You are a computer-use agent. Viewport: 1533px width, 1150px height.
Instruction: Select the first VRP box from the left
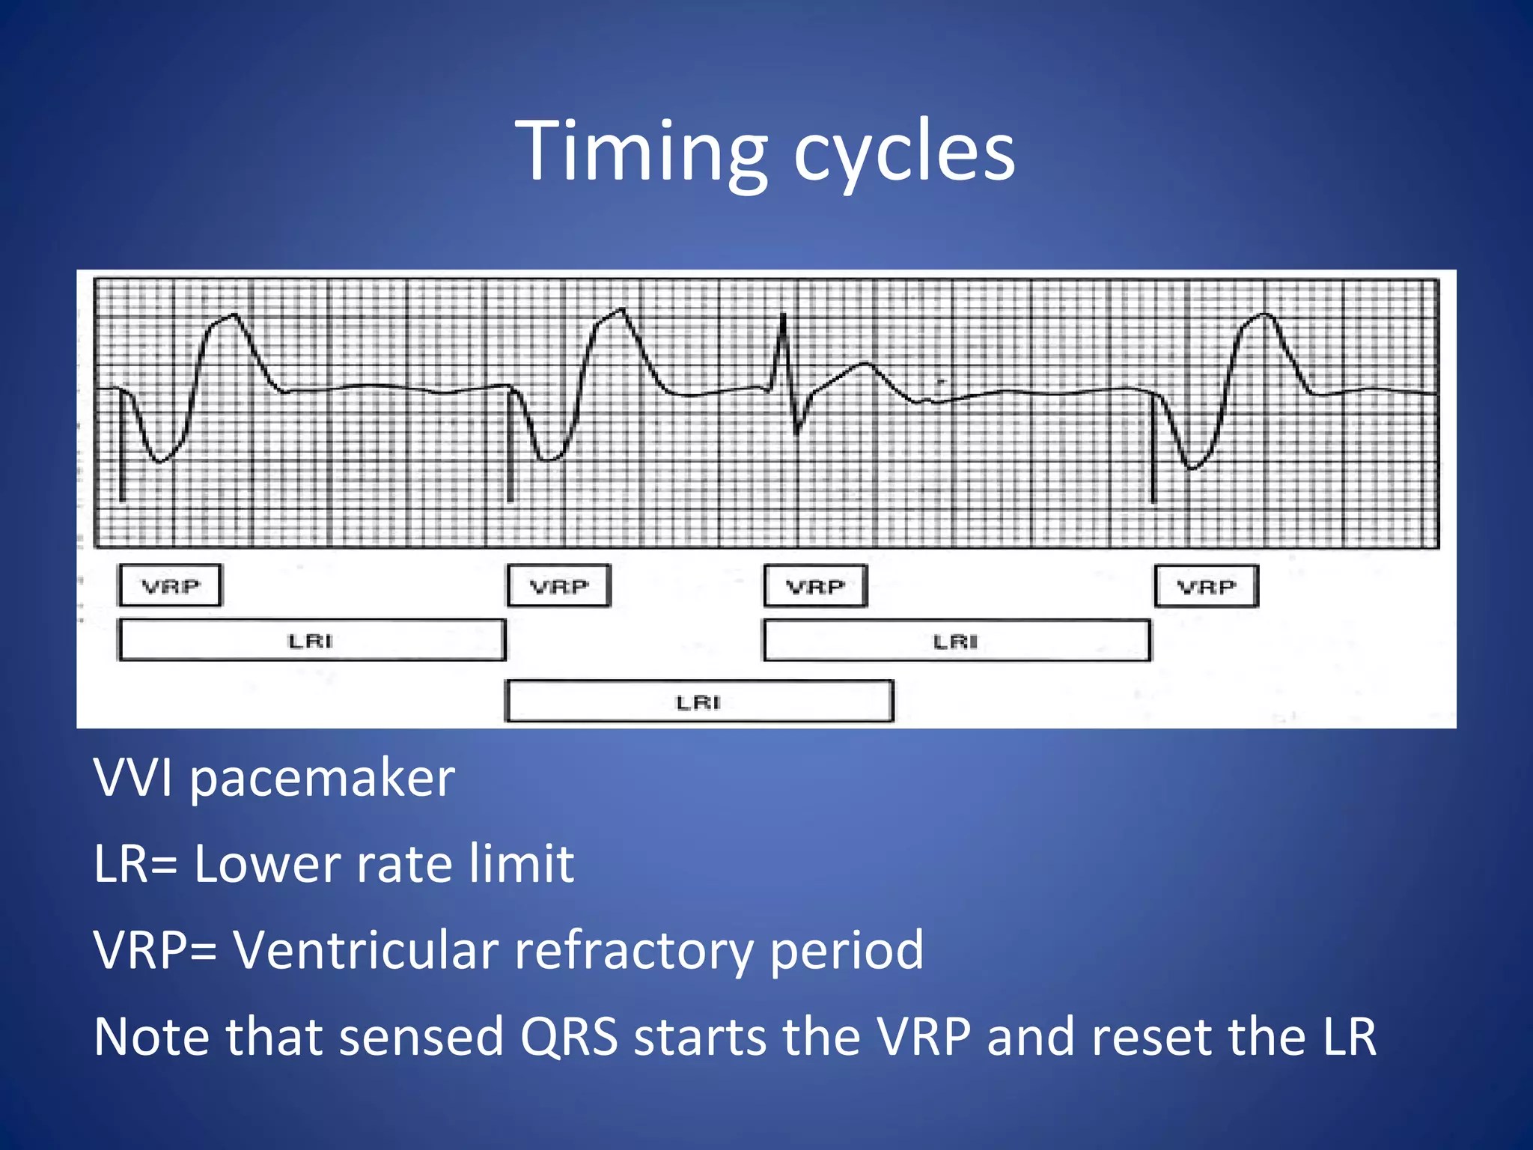point(170,585)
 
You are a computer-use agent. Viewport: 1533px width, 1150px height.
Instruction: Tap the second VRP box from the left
point(559,585)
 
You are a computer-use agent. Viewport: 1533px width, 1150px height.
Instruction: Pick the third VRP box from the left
point(815,586)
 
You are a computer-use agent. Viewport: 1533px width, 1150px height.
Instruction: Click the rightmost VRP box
point(1206,586)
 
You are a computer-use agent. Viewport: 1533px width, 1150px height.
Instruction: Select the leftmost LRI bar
point(311,640)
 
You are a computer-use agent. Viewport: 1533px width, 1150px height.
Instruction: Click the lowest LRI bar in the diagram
point(699,702)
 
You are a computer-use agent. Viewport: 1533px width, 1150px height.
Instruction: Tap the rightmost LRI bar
point(956,641)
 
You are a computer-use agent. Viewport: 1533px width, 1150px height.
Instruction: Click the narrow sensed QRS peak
point(783,318)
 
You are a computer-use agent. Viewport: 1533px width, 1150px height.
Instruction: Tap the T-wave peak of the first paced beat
point(234,316)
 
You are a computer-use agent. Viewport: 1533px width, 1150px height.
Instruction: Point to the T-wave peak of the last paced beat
point(1265,315)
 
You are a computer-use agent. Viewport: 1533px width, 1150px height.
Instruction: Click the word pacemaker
point(322,779)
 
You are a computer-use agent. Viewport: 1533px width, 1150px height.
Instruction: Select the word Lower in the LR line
point(268,865)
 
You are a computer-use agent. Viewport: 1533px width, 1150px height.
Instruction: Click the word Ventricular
point(366,951)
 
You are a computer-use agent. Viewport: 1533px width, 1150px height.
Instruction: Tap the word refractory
point(633,951)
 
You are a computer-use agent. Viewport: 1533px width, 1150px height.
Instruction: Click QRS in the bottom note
point(569,1037)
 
